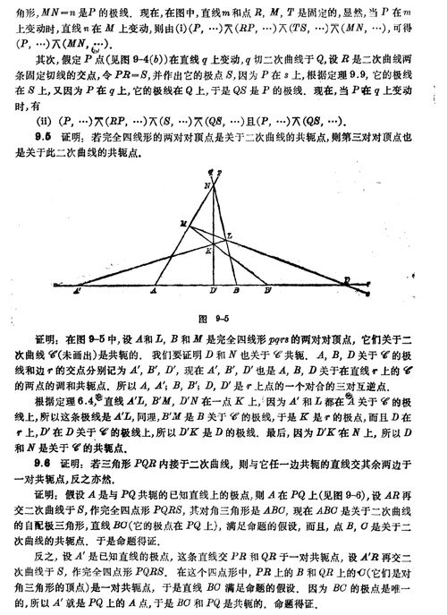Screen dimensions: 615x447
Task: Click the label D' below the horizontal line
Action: [x=212, y=292]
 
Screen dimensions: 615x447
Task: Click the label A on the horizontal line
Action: [x=153, y=292]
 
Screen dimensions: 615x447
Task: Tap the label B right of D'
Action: [x=234, y=292]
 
